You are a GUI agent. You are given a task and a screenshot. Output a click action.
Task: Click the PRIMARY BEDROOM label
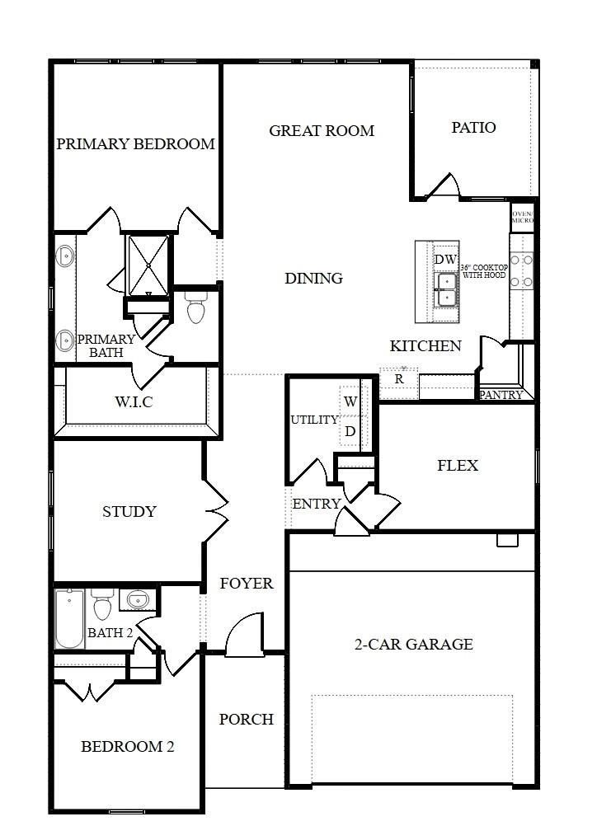point(135,144)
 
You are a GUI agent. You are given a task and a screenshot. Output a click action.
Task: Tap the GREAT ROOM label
point(322,131)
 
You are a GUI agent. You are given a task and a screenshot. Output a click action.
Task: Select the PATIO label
point(473,128)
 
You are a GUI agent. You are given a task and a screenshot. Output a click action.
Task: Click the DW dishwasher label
point(445,260)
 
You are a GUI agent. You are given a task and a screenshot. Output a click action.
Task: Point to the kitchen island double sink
point(446,289)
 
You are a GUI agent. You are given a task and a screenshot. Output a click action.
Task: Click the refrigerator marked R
point(399,379)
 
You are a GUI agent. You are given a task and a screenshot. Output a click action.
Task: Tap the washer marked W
point(350,402)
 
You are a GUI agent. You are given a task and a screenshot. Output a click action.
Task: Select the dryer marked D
point(350,430)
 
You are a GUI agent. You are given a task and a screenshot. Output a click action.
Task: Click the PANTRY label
point(501,395)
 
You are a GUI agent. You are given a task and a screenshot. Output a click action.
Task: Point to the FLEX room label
point(457,466)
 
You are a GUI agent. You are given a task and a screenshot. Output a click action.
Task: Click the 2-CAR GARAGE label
point(413,645)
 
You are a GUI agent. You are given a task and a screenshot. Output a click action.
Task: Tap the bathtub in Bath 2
point(69,619)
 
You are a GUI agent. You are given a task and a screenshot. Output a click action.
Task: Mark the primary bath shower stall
point(147,264)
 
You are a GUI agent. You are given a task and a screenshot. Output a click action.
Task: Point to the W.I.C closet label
point(134,402)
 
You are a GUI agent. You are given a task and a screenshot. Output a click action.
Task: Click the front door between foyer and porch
point(244,638)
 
